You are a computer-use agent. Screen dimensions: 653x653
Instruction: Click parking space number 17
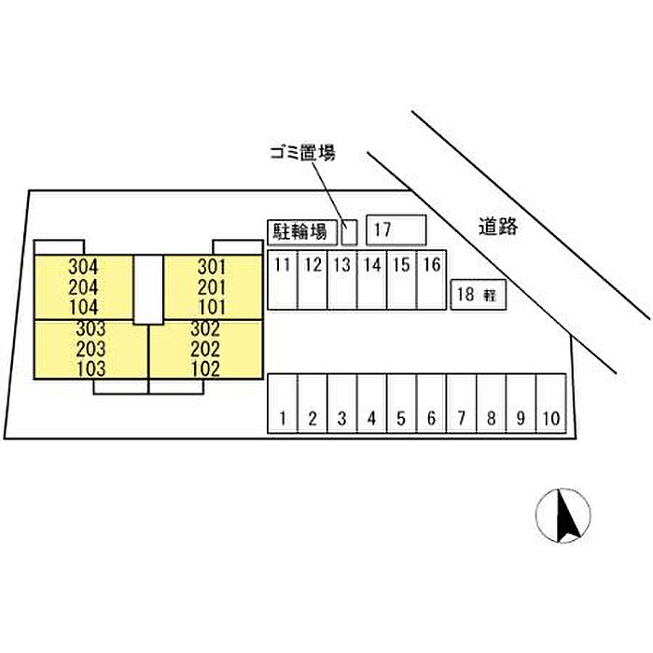(396, 229)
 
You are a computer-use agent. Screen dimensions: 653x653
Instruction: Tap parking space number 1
(282, 405)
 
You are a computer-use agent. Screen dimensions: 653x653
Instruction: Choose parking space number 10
(550, 405)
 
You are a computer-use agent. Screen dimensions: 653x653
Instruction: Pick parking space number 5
(401, 405)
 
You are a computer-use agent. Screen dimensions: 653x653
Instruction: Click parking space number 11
(282, 279)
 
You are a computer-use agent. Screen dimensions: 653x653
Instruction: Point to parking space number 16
(431, 279)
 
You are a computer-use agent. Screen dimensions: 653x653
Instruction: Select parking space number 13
(342, 279)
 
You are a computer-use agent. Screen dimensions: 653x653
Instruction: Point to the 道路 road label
(498, 225)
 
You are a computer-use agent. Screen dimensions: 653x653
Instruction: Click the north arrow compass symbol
(563, 516)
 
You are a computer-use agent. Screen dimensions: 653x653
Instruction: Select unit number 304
(83, 266)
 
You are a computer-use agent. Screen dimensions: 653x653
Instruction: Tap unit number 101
(212, 306)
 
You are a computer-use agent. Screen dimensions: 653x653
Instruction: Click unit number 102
(204, 368)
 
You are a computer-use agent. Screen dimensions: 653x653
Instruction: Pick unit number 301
(212, 266)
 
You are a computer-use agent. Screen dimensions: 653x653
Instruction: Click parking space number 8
(491, 405)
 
